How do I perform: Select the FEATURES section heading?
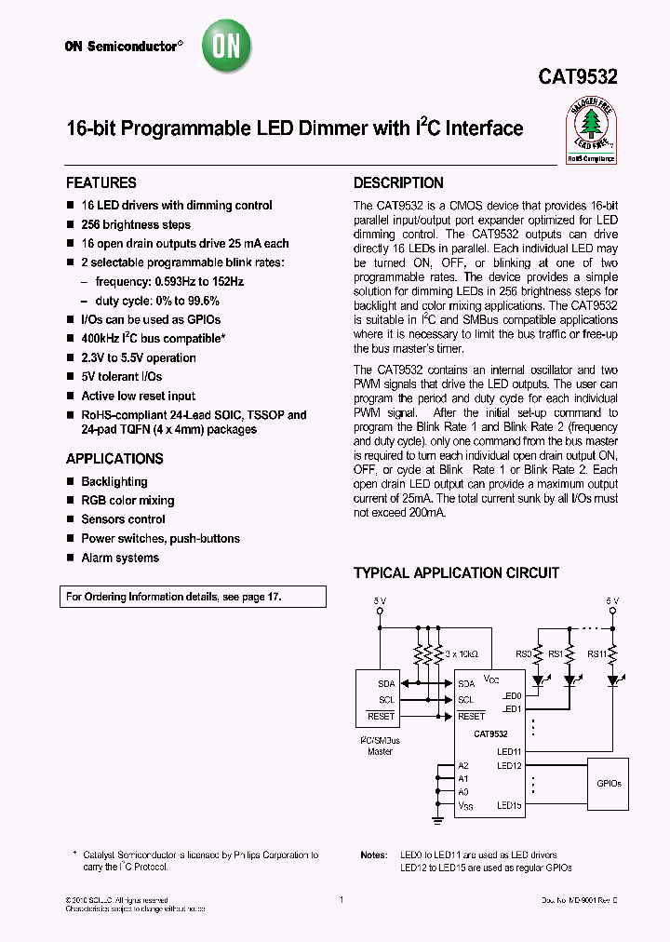101,182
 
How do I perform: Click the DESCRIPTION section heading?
398,182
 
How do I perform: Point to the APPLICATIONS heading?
114,459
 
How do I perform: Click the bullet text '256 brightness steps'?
136,224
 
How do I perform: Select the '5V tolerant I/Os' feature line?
121,377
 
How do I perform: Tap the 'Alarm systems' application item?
120,558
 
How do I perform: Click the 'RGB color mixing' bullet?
127,501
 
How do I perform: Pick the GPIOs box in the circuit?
609,784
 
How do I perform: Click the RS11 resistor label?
596,654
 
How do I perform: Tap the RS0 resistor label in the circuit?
524,654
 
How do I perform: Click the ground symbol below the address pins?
438,820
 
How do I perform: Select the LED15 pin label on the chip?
509,806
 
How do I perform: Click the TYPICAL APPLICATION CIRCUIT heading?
456,572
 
